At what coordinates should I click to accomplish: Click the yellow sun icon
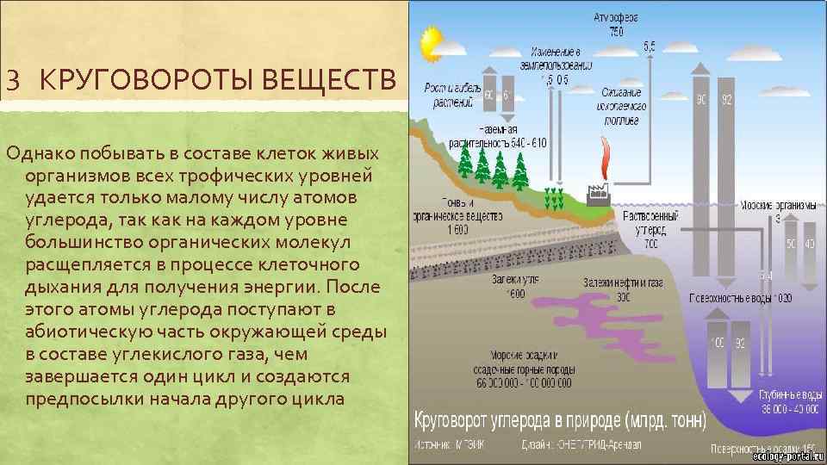pos(430,40)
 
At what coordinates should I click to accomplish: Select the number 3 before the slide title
pos(12,83)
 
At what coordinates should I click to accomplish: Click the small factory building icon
pos(595,195)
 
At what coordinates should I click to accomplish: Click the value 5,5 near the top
pos(650,45)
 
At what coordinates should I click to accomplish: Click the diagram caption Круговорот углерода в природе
pos(560,421)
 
